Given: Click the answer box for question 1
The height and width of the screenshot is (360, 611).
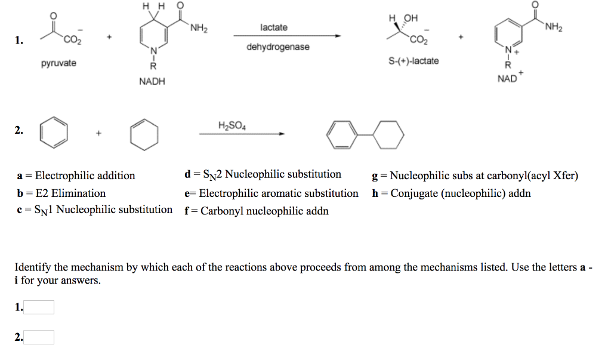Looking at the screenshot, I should tap(39, 307).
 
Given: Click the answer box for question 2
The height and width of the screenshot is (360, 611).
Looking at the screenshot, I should tap(39, 337).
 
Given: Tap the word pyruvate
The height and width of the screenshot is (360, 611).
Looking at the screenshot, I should tap(58, 63).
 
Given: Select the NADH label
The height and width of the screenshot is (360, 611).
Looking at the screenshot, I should tap(152, 81).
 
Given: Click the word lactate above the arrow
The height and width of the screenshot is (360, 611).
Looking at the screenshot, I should tap(274, 27).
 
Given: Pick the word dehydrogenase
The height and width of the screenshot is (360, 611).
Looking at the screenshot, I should tap(278, 47).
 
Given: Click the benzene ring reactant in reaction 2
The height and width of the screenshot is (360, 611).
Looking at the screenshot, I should tap(53, 133).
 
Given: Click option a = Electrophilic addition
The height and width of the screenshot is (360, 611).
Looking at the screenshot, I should tap(76, 176).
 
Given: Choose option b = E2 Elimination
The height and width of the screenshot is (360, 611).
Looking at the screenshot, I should tap(61, 193).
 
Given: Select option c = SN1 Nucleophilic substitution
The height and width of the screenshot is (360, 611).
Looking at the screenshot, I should tap(95, 210).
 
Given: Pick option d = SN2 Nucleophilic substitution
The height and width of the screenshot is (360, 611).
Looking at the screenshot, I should tap(263, 175).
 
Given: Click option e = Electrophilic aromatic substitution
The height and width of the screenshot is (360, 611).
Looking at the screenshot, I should tap(271, 193).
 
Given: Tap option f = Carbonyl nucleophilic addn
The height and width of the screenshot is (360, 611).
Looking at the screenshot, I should tap(257, 211).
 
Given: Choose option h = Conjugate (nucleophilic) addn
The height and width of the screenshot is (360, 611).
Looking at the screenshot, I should tap(451, 193).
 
